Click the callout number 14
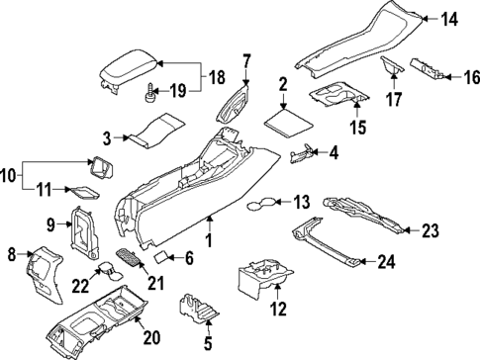[x=450, y=19]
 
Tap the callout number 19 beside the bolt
[x=178, y=92]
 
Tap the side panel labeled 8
[x=43, y=273]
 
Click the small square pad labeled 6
[x=157, y=256]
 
